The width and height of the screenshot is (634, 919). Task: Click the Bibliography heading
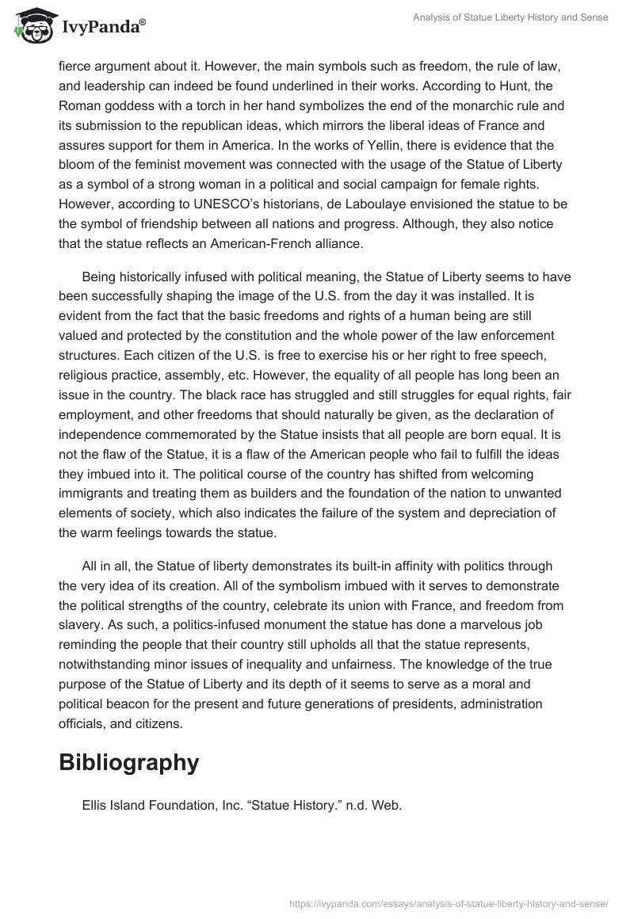tap(128, 762)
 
